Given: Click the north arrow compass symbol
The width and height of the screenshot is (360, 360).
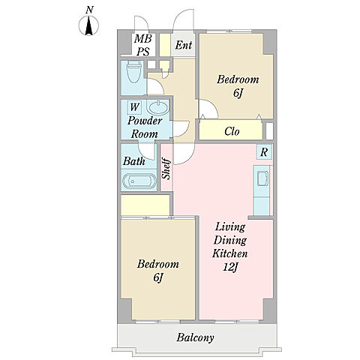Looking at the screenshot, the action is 88,25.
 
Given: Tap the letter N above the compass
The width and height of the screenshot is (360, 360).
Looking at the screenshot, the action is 89,10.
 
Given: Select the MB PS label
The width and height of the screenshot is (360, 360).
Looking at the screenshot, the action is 143,45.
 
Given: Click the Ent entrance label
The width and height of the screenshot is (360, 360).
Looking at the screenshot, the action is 184,45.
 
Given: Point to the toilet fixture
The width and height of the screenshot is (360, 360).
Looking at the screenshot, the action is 133,72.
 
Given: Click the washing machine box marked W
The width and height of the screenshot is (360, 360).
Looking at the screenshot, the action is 134,107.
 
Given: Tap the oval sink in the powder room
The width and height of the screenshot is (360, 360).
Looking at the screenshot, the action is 157,108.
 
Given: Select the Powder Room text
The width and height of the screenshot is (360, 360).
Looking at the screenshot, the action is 145,127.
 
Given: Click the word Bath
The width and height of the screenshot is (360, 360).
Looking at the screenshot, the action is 134,161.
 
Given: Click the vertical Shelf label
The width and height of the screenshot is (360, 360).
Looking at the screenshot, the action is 166,168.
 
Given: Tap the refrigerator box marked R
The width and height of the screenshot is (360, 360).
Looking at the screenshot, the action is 264,152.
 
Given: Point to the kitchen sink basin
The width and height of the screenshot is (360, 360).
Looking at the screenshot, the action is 263,179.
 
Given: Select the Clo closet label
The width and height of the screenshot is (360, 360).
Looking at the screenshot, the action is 232,131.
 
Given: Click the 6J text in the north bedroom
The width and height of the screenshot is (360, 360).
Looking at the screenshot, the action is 238,93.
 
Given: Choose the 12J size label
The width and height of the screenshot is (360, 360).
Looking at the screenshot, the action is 229,267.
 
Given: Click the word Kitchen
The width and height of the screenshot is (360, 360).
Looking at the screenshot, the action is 230,253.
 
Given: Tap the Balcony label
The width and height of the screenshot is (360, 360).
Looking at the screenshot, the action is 195,337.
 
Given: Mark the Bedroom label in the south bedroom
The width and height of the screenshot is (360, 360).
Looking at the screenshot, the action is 158,264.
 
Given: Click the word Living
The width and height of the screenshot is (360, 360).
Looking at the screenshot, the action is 230,227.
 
